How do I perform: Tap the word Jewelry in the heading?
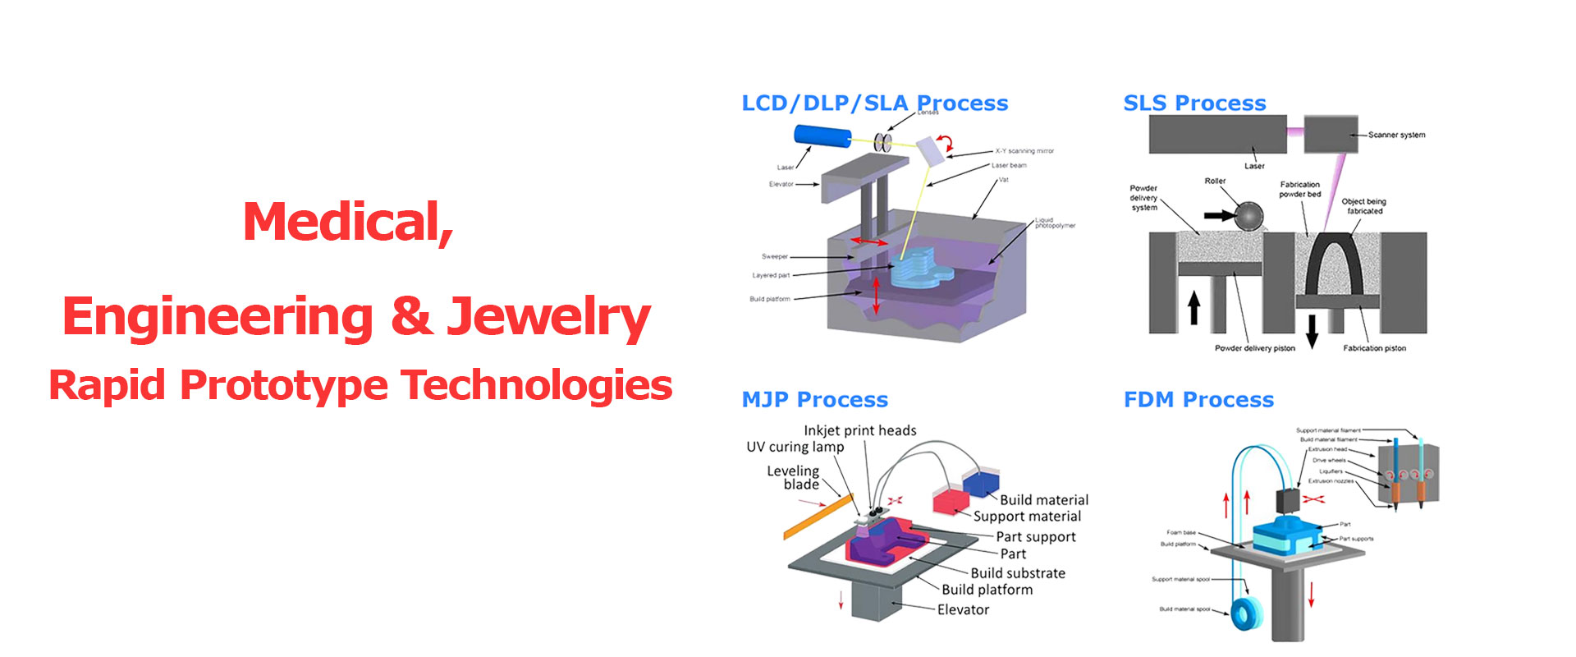pos(548,318)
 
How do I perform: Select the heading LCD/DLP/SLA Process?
pos(874,103)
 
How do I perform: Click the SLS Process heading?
pos(1194,103)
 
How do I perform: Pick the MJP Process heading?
pos(814,400)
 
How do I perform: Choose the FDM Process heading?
pos(1198,400)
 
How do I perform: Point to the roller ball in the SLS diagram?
pos(1248,216)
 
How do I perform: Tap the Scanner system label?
pos(1396,135)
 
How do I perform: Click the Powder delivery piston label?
pos(1254,348)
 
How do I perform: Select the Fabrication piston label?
pos(1374,348)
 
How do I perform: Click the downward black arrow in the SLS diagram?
pos(1312,330)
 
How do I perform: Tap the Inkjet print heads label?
pos(859,430)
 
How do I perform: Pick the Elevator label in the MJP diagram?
pos(963,609)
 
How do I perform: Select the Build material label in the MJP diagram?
pos(1043,500)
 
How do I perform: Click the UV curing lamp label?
pos(795,447)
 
